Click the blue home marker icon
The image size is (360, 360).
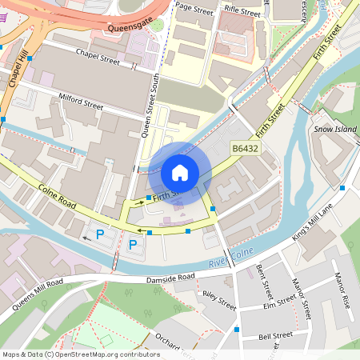coord(180,172)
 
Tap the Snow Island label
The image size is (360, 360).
coord(334,128)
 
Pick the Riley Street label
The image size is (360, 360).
coord(219,299)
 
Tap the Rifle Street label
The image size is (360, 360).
coord(242,10)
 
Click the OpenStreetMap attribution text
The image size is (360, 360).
coord(81,354)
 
